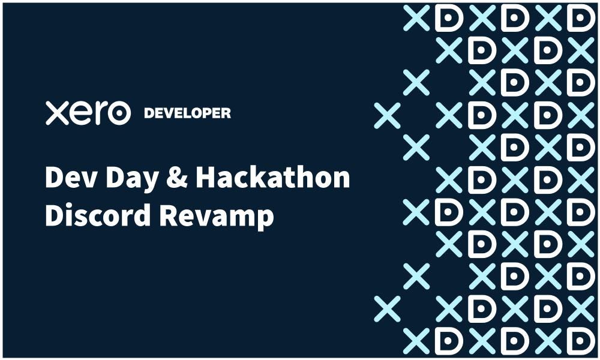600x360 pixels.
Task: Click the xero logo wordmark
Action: [88, 113]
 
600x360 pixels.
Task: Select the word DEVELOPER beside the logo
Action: [187, 113]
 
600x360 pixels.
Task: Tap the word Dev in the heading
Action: [71, 177]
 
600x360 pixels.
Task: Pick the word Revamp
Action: [217, 217]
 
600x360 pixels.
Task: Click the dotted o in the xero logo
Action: [119, 113]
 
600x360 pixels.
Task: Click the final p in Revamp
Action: [265, 220]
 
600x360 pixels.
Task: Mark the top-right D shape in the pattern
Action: [580, 17]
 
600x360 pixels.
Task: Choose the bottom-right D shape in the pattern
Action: [580, 341]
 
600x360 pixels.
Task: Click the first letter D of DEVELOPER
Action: [149, 113]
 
